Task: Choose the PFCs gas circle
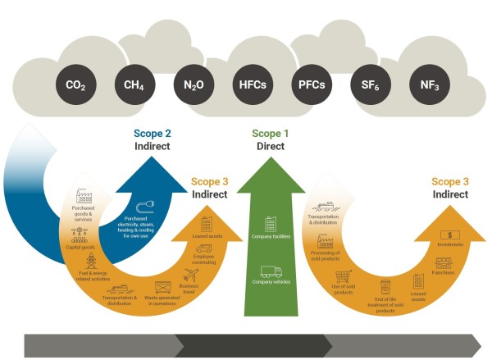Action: pyautogui.click(x=308, y=84)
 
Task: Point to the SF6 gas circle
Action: pyautogui.click(x=366, y=84)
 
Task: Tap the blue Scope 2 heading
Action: pyautogui.click(x=153, y=134)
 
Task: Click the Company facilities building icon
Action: pyautogui.click(x=269, y=224)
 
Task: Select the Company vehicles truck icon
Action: pyautogui.click(x=271, y=274)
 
